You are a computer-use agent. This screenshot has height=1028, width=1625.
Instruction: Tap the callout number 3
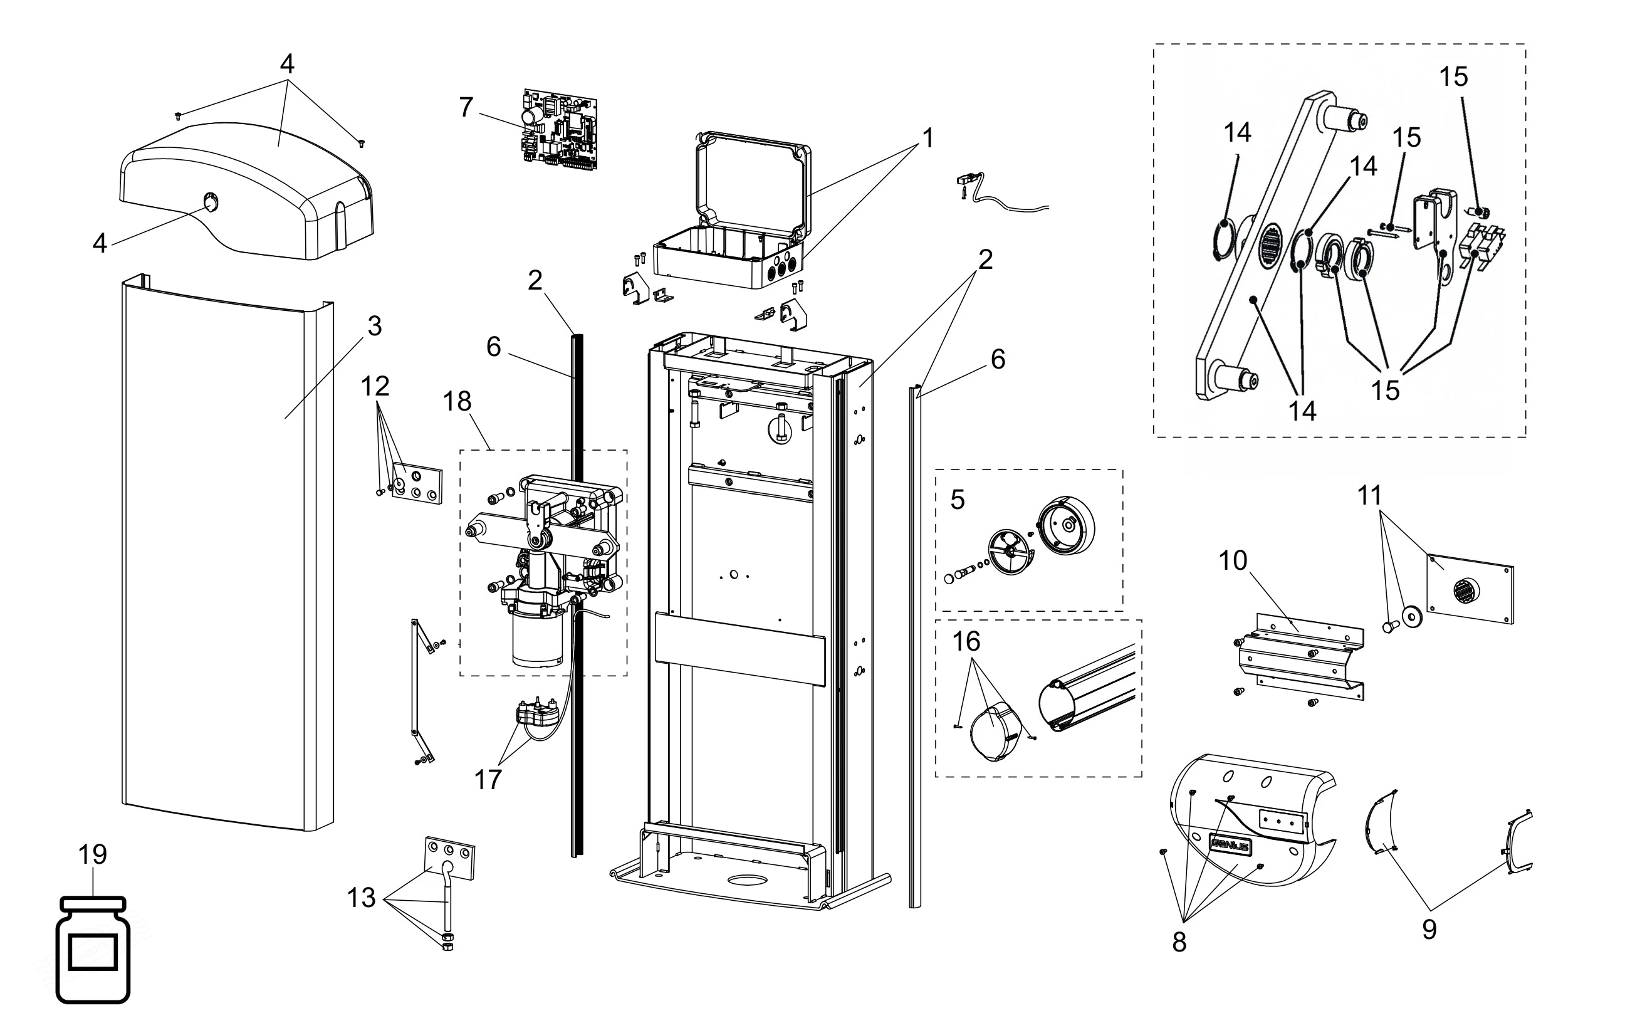(x=375, y=327)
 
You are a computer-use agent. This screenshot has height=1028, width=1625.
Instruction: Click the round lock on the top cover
(x=211, y=201)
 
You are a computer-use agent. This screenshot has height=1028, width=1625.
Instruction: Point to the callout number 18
(x=457, y=402)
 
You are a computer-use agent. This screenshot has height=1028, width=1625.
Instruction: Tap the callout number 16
(x=966, y=641)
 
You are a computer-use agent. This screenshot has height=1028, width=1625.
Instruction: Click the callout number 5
(x=958, y=500)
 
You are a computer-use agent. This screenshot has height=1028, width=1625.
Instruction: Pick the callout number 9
(x=1429, y=930)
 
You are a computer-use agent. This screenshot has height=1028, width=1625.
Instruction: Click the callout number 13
(x=361, y=898)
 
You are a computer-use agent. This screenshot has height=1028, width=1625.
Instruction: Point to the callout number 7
(x=466, y=107)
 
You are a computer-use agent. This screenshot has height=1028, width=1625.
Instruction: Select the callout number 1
(x=928, y=139)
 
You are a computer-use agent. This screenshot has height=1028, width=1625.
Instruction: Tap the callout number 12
(x=375, y=387)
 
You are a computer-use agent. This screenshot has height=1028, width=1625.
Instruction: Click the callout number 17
(x=488, y=780)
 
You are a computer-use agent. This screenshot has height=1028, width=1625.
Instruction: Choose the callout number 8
(x=1179, y=942)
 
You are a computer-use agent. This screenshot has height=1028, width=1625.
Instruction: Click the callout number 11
(x=1370, y=496)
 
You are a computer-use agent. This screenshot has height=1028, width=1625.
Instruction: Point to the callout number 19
(x=93, y=855)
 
